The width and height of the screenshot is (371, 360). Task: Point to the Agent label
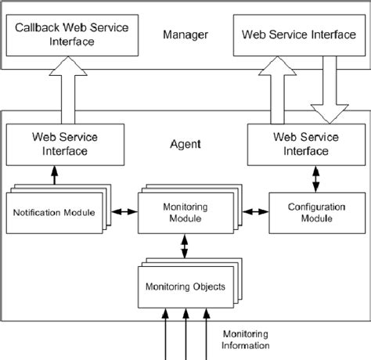click(185, 143)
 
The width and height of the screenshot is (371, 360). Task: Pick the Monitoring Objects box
click(185, 286)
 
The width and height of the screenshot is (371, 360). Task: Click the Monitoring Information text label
click(247, 339)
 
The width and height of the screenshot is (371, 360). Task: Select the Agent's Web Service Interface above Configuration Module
click(305, 143)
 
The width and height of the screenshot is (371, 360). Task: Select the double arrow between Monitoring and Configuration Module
click(254, 211)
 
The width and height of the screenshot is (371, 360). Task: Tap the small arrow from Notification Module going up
click(53, 177)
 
